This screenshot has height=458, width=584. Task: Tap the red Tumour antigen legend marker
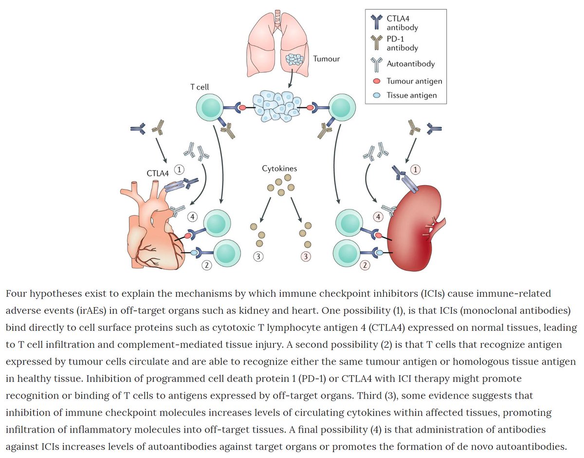pyautogui.click(x=377, y=81)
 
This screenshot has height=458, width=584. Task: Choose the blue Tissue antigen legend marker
pyautogui.click(x=377, y=95)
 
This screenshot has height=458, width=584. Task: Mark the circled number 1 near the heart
pyautogui.click(x=180, y=170)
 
